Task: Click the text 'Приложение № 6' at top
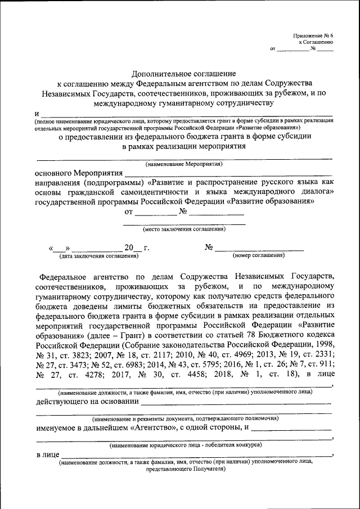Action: tap(313, 35)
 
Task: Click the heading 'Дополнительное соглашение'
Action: tap(184, 74)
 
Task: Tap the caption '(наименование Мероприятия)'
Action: tap(184, 164)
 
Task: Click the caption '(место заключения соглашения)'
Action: tap(184, 229)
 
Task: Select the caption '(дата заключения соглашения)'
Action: tap(98, 256)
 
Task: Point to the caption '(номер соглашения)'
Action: tap(258, 255)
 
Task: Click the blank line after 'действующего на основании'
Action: tap(236, 402)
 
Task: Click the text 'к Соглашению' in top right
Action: tap(316, 42)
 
